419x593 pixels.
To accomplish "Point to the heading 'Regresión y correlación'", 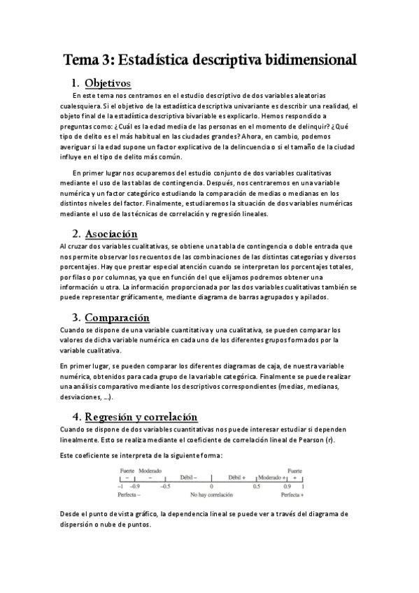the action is click(x=145, y=415).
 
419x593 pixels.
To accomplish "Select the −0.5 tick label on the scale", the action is click(x=165, y=485).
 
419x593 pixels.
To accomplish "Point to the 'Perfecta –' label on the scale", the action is click(x=129, y=494).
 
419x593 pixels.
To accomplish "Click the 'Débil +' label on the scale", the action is click(x=236, y=477).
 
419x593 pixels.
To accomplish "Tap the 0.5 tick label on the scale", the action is click(x=257, y=485).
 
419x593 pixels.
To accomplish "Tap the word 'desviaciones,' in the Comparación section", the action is click(x=81, y=396).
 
